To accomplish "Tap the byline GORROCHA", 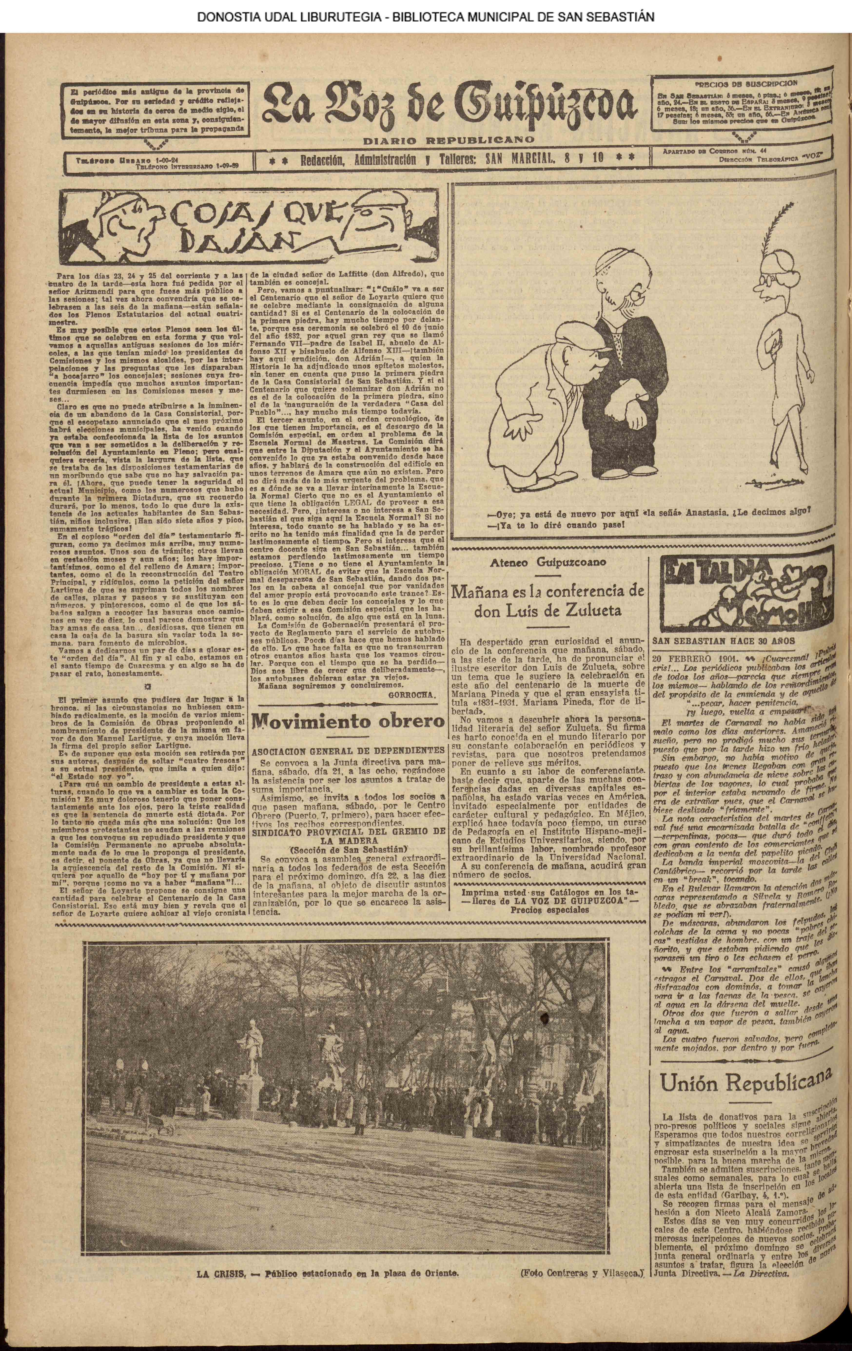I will (412, 693).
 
